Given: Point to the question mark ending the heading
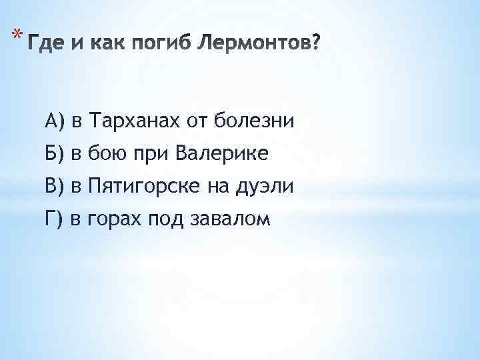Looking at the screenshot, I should (x=315, y=45).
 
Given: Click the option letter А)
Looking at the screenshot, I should (x=54, y=121).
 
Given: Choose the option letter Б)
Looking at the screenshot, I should (x=54, y=154).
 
